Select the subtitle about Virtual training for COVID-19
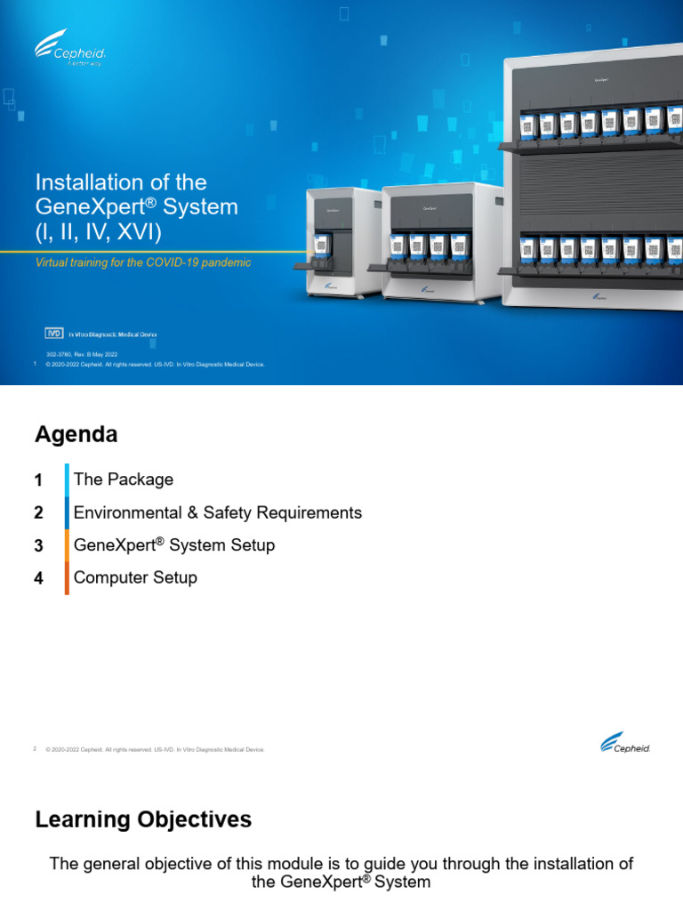pos(142,262)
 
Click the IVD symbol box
pos(55,334)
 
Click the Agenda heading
pos(76,434)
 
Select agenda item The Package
pos(124,480)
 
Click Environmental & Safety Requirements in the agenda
pos(218,512)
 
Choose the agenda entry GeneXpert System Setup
pos(174,545)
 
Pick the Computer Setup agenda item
pos(135,577)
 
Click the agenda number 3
pos(38,546)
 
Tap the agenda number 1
pos(38,480)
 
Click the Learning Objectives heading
pos(143,819)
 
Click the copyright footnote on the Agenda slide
pos(155,750)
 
